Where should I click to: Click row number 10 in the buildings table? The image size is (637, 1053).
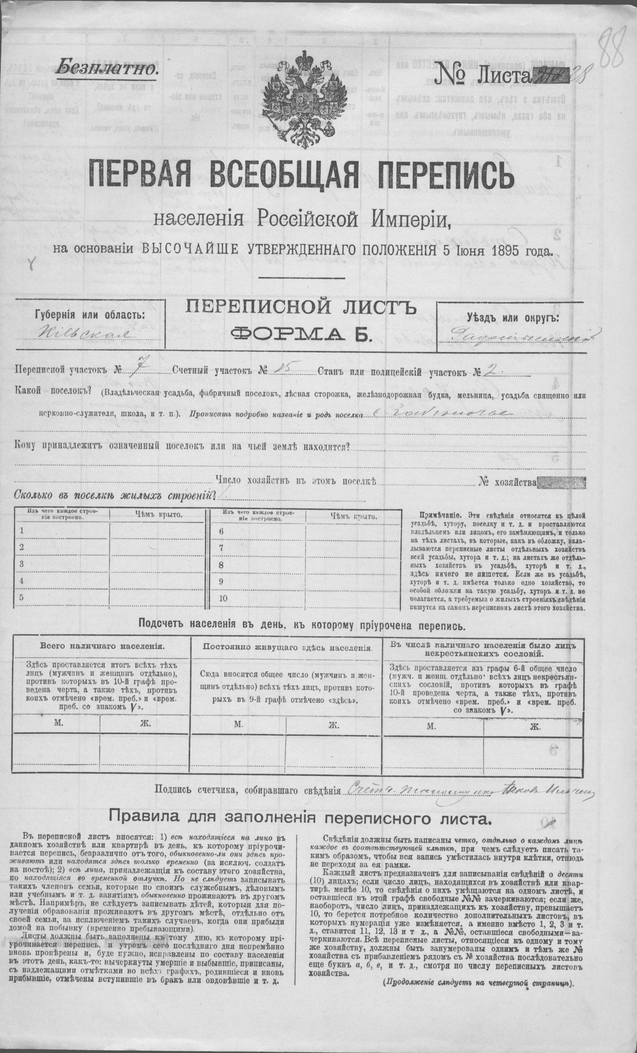click(x=223, y=598)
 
